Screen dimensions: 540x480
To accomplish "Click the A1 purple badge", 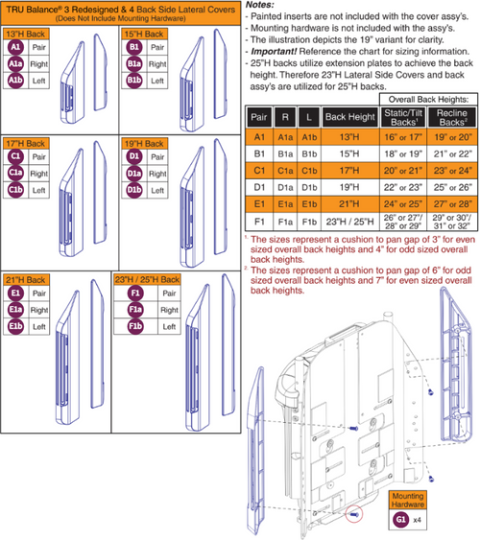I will click(x=15, y=45).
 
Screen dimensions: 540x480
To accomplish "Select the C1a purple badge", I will click(x=15, y=173).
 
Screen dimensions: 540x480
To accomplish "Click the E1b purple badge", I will click(x=15, y=327).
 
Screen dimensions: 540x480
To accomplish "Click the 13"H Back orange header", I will click(x=30, y=32).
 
